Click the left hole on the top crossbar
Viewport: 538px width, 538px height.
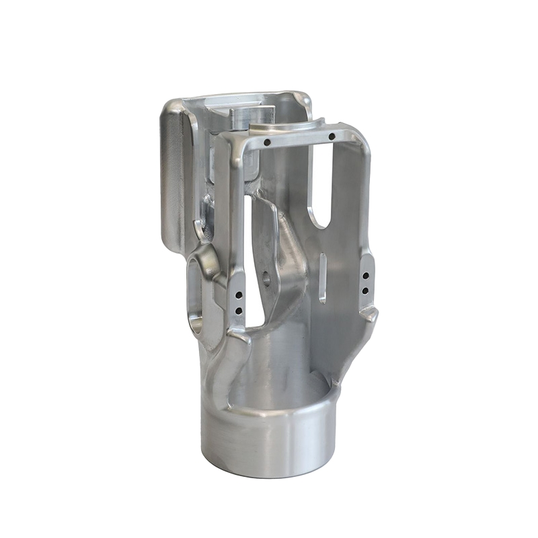coord(267,143)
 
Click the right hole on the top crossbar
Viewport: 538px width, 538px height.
coord(332,137)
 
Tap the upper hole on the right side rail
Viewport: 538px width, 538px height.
coord(365,275)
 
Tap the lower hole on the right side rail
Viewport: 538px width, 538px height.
coord(365,291)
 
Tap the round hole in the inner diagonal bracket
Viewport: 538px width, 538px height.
coord(267,277)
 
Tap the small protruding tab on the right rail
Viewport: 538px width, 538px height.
coord(369,312)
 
